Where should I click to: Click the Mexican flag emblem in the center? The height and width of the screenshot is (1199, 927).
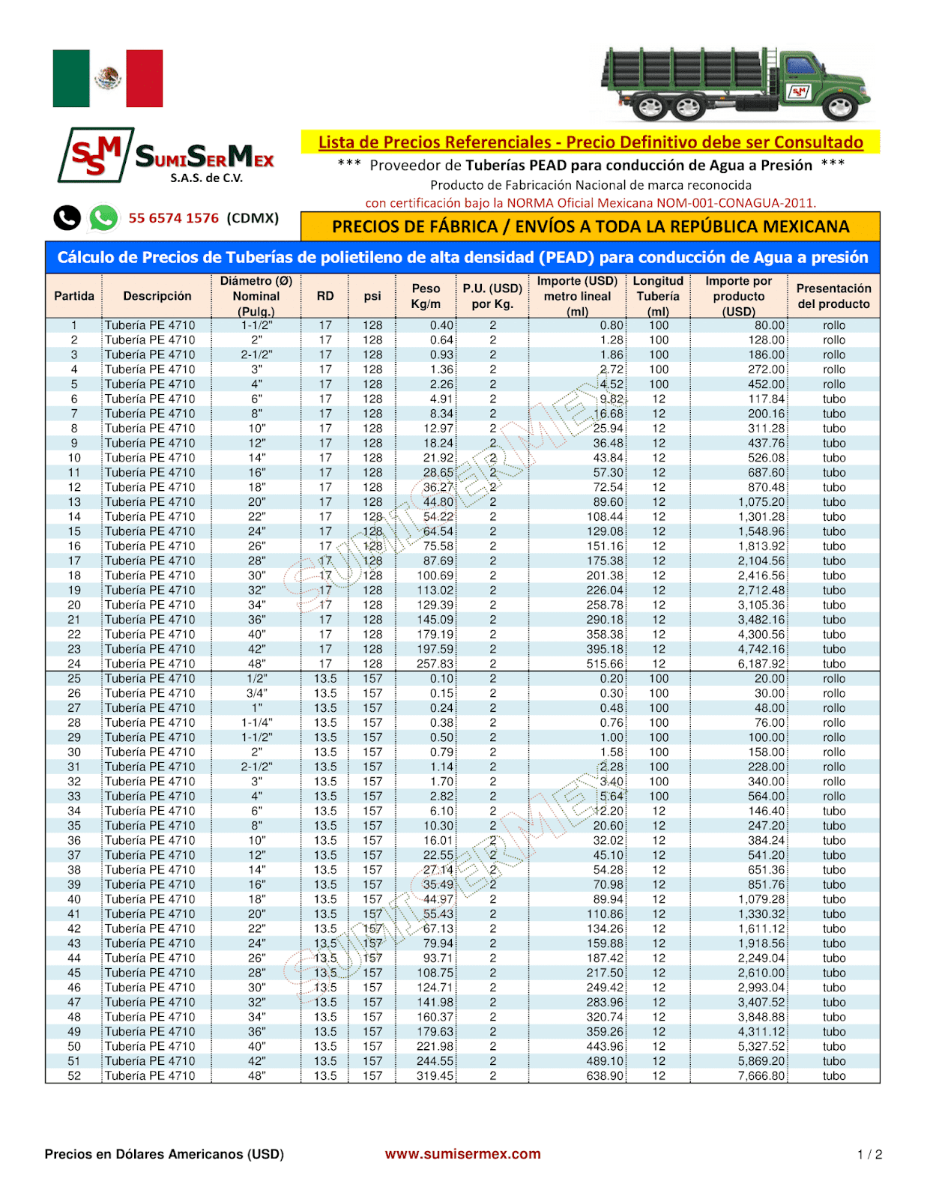tap(108, 79)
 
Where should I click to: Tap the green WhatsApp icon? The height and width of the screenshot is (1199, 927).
tap(103, 218)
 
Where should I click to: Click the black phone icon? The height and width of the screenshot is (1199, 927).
tap(67, 218)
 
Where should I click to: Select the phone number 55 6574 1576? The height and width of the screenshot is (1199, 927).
tap(173, 218)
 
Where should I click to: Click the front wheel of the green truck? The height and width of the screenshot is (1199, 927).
tap(839, 107)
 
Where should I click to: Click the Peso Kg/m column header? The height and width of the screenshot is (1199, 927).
tap(426, 296)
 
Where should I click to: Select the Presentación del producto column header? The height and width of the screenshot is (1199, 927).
tap(833, 296)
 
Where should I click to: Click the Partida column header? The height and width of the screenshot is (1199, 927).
tap(74, 296)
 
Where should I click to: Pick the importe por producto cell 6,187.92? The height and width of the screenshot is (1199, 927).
tap(761, 664)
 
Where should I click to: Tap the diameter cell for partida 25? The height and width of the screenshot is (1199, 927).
tap(256, 679)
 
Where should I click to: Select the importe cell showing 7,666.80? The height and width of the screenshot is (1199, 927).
tap(761, 1076)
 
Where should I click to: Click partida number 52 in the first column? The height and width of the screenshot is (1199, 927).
tap(74, 1076)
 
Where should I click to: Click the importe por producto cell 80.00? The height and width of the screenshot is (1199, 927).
tap(769, 325)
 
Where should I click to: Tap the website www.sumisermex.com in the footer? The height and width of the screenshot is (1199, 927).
tap(462, 1154)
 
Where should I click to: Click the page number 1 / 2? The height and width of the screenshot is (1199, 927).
tap(869, 1155)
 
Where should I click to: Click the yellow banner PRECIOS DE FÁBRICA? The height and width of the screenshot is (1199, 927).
tap(590, 226)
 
